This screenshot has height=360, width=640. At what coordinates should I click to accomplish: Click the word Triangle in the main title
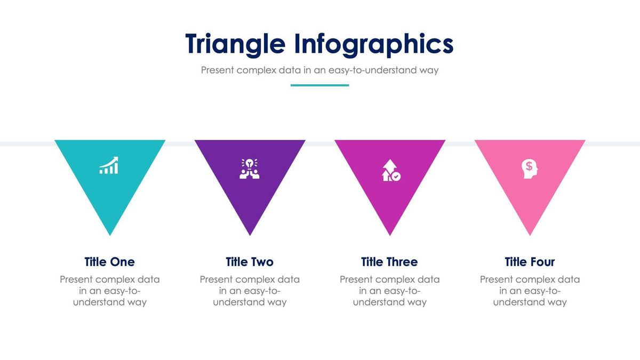pyautogui.click(x=235, y=44)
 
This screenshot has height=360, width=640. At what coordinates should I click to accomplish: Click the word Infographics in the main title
pyautogui.click(x=373, y=44)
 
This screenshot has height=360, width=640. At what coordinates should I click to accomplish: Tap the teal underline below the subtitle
pyautogui.click(x=319, y=85)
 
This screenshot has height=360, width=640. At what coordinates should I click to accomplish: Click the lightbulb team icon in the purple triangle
pyautogui.click(x=249, y=169)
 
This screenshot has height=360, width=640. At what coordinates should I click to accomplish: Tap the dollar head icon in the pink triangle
pyautogui.click(x=530, y=169)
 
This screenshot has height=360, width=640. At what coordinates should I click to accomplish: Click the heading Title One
pyautogui.click(x=109, y=262)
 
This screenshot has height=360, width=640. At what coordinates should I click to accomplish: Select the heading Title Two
pyautogui.click(x=249, y=262)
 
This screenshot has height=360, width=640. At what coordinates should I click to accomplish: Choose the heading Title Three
pyautogui.click(x=389, y=262)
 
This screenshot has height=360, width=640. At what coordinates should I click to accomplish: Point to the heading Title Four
pyautogui.click(x=530, y=262)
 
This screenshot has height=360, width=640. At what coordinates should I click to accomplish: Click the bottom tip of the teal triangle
pyautogui.click(x=110, y=234)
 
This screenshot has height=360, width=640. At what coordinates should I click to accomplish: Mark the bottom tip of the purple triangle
pyautogui.click(x=250, y=234)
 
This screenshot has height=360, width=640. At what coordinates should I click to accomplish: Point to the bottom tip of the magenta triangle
pyautogui.click(x=390, y=234)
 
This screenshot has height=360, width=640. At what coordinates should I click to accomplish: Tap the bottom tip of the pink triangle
pyautogui.click(x=530, y=234)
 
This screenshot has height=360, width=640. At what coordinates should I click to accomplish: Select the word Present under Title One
pyautogui.click(x=76, y=279)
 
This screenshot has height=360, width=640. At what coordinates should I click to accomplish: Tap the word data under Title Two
pyautogui.click(x=289, y=279)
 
